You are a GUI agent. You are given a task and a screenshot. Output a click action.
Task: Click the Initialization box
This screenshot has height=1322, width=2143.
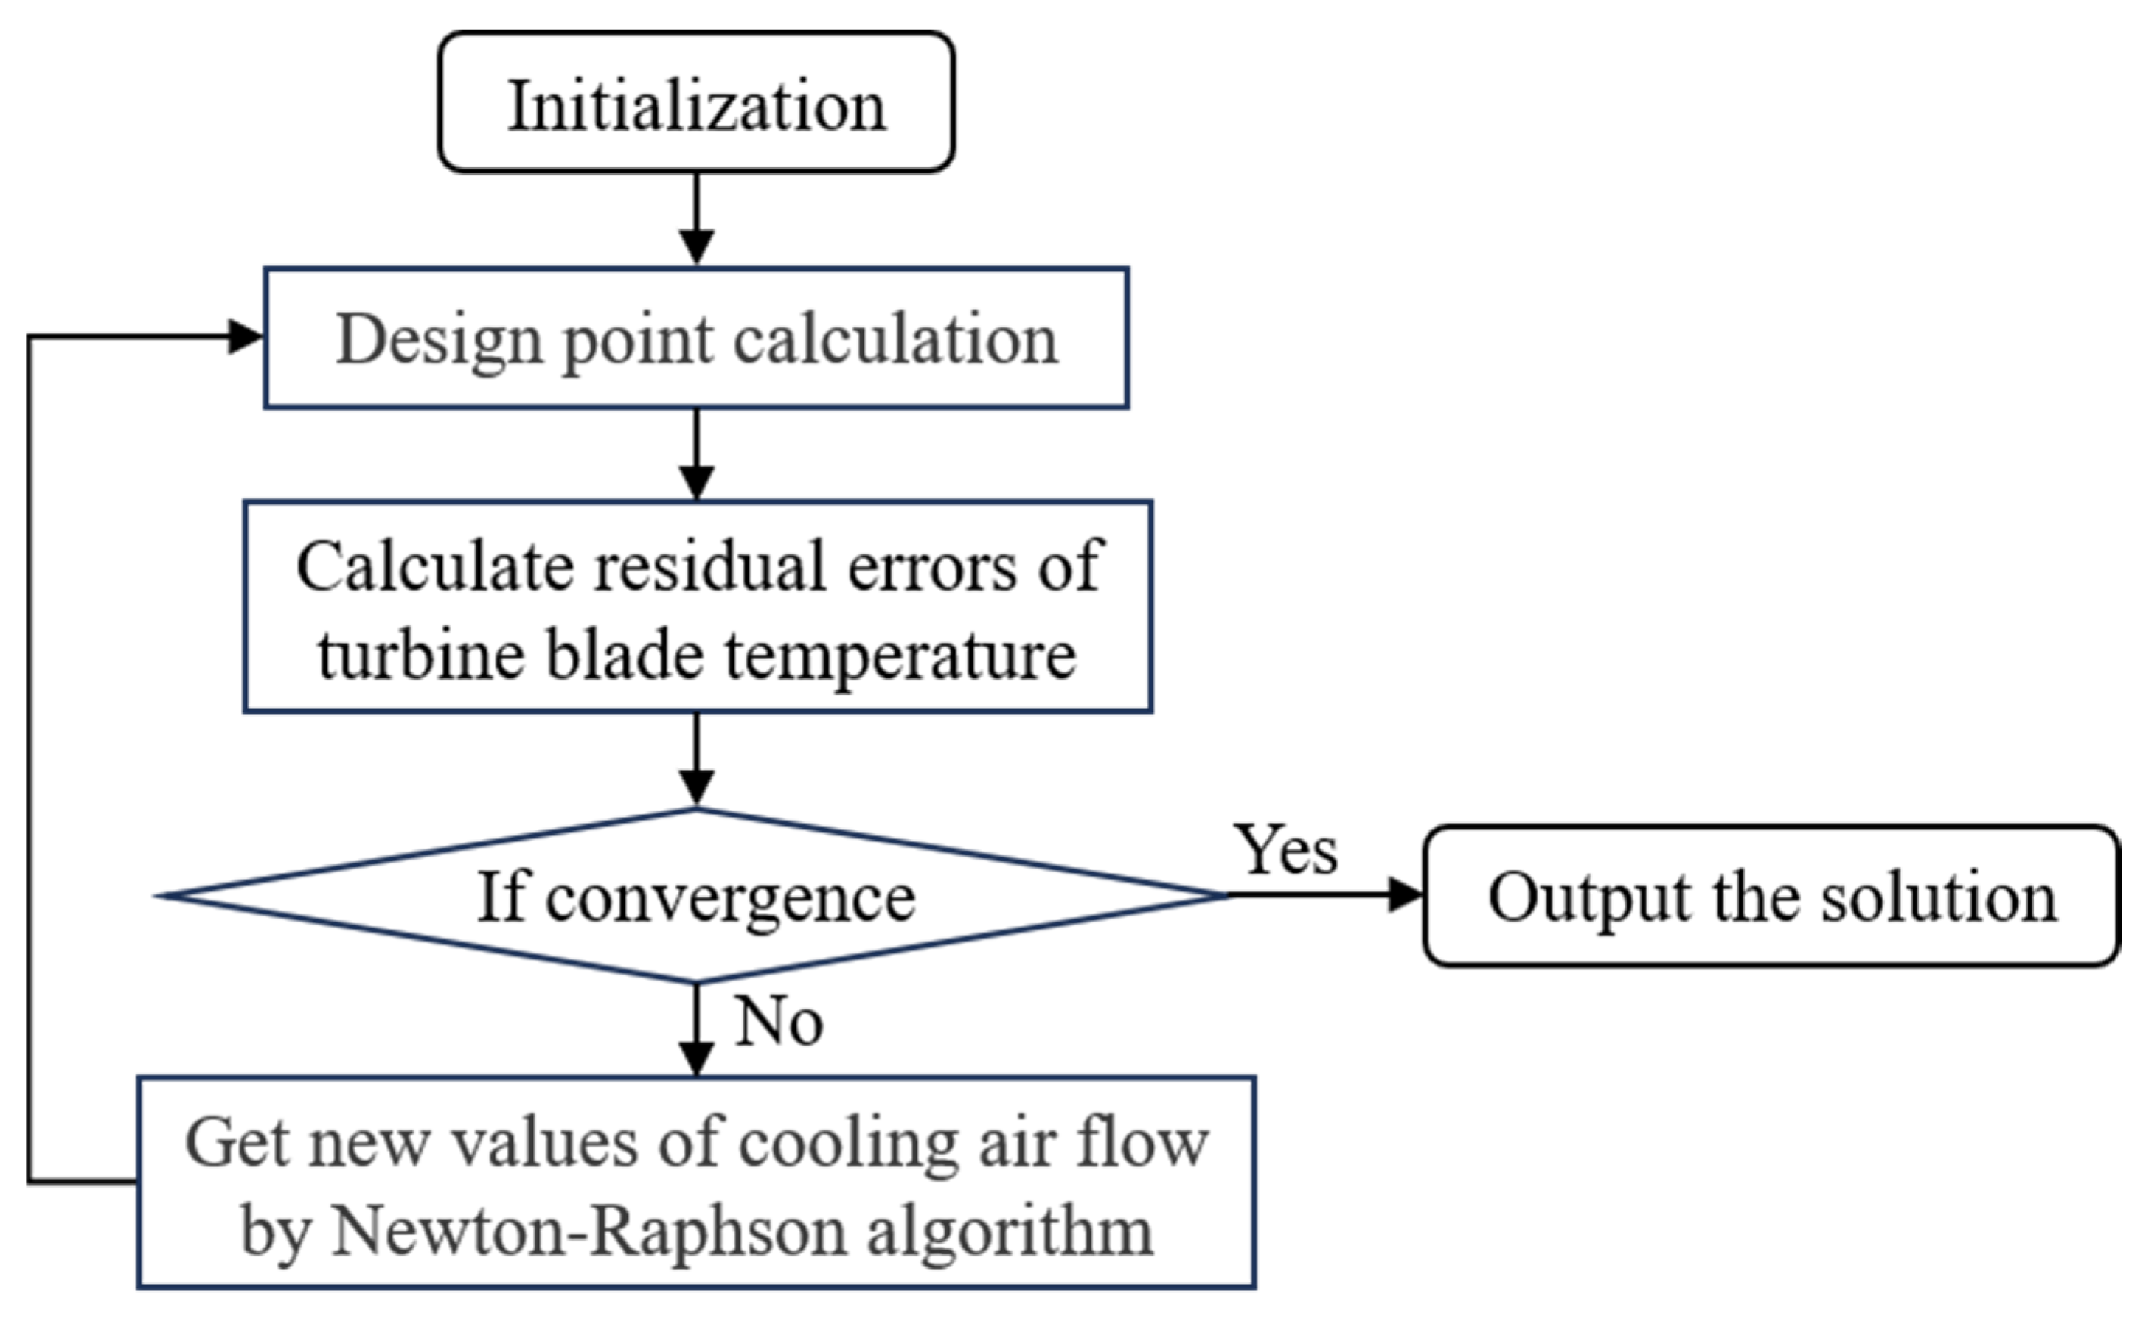coord(696,102)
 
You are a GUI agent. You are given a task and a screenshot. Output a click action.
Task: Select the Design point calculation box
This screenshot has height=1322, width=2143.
coord(696,338)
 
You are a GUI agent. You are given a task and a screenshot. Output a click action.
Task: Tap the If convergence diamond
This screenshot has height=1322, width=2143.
coord(696,895)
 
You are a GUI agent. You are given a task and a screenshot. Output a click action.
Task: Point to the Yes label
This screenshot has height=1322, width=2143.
coord(1285,850)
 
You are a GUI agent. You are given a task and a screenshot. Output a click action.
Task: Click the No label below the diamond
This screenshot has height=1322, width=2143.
coord(779,1021)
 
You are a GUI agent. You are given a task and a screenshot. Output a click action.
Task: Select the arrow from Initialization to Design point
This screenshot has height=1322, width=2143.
coord(696,218)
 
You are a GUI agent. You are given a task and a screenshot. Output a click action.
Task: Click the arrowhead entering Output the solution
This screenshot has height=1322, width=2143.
coord(1406,894)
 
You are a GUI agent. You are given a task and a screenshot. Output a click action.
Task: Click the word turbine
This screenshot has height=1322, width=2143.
coord(420,654)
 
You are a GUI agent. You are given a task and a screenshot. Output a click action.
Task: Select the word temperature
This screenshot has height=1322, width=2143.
coord(900,655)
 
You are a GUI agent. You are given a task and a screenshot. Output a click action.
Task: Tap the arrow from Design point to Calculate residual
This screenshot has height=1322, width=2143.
coord(696,455)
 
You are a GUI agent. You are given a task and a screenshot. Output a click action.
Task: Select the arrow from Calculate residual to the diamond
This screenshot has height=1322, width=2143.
coord(696,759)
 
